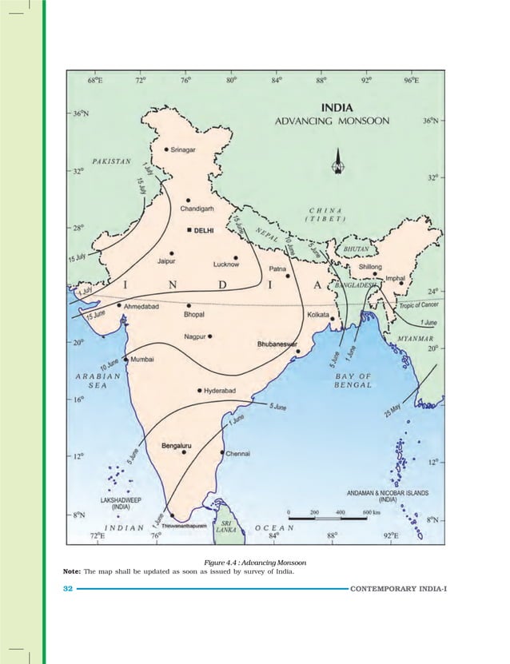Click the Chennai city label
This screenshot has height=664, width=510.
[238, 454]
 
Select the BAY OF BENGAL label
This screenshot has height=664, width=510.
[353, 380]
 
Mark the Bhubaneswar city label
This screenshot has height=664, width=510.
[277, 344]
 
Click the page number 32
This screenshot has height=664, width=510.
[67, 589]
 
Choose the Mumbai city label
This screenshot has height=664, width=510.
[142, 360]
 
